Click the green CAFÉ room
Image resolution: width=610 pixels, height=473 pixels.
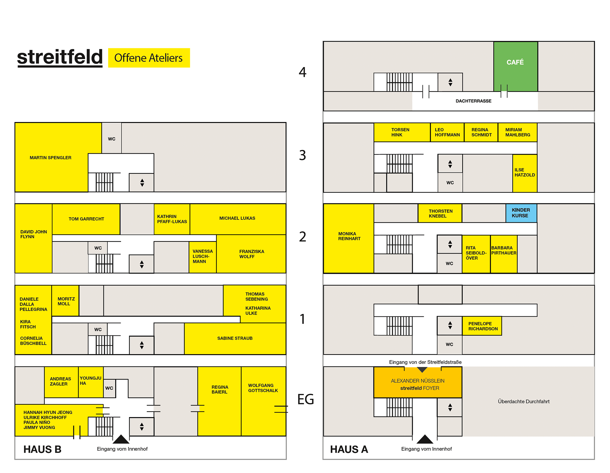tap(515, 66)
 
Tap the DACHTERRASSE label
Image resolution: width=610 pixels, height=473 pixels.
tap(473, 101)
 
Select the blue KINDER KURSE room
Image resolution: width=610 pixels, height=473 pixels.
tap(521, 213)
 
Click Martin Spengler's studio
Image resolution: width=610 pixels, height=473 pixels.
tap(51, 158)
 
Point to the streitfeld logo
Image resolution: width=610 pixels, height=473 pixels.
tap(60, 57)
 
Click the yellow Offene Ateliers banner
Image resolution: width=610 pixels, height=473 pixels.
tap(149, 58)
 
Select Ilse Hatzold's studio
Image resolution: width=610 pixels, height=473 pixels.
tap(525, 173)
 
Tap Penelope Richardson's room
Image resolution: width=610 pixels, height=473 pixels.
tap(482, 326)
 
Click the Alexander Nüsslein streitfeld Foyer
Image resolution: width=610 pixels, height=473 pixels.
tap(418, 383)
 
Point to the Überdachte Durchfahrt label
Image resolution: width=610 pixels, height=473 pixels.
tap(524, 402)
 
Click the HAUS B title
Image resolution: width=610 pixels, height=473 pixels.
tap(42, 449)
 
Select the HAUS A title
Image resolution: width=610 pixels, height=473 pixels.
tap(349, 449)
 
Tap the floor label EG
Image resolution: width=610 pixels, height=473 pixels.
tap(305, 399)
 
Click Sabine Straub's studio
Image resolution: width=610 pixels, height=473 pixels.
tap(235, 339)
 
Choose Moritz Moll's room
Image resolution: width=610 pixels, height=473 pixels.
tap(65, 301)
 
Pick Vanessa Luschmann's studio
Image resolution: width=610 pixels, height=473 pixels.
tap(203, 257)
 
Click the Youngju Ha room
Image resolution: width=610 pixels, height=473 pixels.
tap(91, 382)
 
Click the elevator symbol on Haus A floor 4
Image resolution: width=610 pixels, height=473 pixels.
tap(450, 82)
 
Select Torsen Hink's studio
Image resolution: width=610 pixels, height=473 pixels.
tap(402, 132)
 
